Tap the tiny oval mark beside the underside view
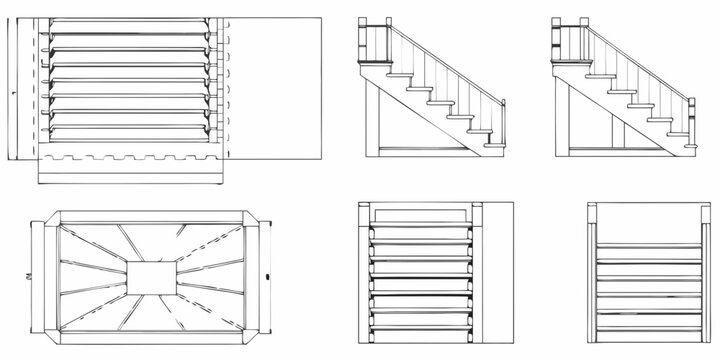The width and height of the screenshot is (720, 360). click(269, 273)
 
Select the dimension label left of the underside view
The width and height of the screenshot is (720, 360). click(28, 274)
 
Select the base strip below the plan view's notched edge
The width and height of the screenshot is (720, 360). click(130, 172)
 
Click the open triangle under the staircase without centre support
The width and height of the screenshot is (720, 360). click(420, 125)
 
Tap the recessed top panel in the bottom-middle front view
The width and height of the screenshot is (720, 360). click(420, 213)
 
